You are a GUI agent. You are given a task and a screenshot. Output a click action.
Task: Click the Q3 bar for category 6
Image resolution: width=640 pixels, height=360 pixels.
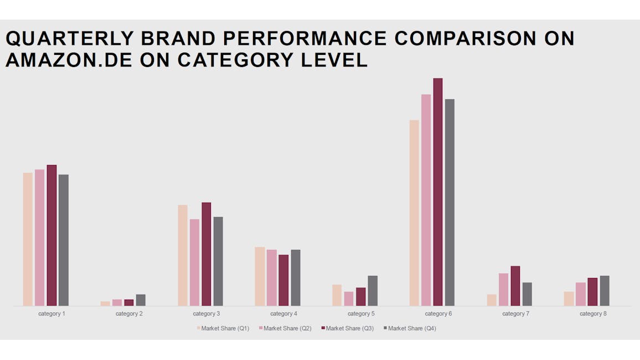click(437, 192)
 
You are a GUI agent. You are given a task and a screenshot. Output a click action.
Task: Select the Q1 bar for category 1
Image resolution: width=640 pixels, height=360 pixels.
click(28, 239)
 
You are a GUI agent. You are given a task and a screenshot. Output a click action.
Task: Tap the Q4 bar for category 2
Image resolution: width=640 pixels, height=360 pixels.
click(141, 300)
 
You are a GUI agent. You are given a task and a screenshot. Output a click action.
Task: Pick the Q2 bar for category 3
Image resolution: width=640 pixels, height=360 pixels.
click(195, 263)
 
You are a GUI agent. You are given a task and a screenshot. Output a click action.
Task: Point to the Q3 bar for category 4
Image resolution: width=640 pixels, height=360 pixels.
click(283, 280)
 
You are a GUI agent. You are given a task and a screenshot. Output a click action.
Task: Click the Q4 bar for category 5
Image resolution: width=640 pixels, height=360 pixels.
click(373, 291)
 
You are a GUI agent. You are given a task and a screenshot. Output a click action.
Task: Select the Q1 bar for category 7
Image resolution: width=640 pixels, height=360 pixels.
click(492, 300)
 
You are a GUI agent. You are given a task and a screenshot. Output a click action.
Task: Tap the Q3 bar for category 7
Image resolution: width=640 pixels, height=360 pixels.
click(515, 286)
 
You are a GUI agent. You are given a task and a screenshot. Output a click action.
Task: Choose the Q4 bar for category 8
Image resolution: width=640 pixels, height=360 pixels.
click(605, 291)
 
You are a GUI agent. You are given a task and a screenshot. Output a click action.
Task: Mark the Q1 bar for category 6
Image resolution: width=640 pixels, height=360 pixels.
click(414, 213)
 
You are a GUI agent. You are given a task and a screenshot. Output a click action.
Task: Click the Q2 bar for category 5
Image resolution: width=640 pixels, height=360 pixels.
click(349, 299)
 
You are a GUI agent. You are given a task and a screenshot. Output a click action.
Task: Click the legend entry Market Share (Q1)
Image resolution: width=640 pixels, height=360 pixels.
click(223, 328)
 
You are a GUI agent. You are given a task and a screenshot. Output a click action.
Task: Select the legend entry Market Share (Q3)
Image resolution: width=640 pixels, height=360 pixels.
click(347, 328)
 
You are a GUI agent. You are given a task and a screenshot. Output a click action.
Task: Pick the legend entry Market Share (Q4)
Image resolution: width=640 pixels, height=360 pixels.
click(410, 328)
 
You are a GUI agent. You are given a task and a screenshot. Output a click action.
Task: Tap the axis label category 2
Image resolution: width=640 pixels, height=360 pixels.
click(129, 314)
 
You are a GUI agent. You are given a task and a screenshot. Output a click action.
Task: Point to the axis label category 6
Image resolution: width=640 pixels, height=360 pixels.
click(438, 314)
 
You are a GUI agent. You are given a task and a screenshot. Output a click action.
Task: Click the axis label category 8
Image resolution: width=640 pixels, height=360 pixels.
click(593, 314)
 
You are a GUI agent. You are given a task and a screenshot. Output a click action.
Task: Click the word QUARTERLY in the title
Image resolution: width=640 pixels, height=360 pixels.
click(70, 39)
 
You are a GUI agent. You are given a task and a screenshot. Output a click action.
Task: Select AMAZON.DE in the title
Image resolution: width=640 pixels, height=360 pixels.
click(69, 60)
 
